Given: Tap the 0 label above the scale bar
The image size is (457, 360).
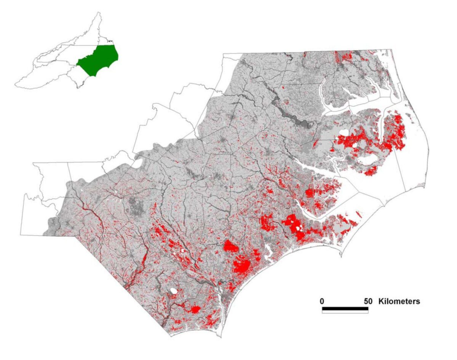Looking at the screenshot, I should point(322,301).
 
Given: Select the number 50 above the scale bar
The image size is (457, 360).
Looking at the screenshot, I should point(368,301).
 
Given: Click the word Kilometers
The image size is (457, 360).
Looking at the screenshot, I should point(399,301).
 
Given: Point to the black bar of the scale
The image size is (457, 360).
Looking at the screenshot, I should point(345,308).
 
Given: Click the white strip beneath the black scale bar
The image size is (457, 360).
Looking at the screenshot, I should point(345,312).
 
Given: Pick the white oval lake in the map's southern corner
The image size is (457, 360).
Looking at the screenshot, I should point(174,291).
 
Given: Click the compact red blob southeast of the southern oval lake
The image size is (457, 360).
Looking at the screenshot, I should point(195,310).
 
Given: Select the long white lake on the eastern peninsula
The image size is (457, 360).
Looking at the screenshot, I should point(368,160).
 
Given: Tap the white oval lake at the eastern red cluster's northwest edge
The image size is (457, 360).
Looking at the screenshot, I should point(344,133).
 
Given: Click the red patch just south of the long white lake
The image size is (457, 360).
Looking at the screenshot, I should point(370,171).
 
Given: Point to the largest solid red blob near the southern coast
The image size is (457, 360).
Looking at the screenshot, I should point(242,265).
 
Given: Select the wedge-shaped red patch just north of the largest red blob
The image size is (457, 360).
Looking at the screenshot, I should point(231,247).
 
